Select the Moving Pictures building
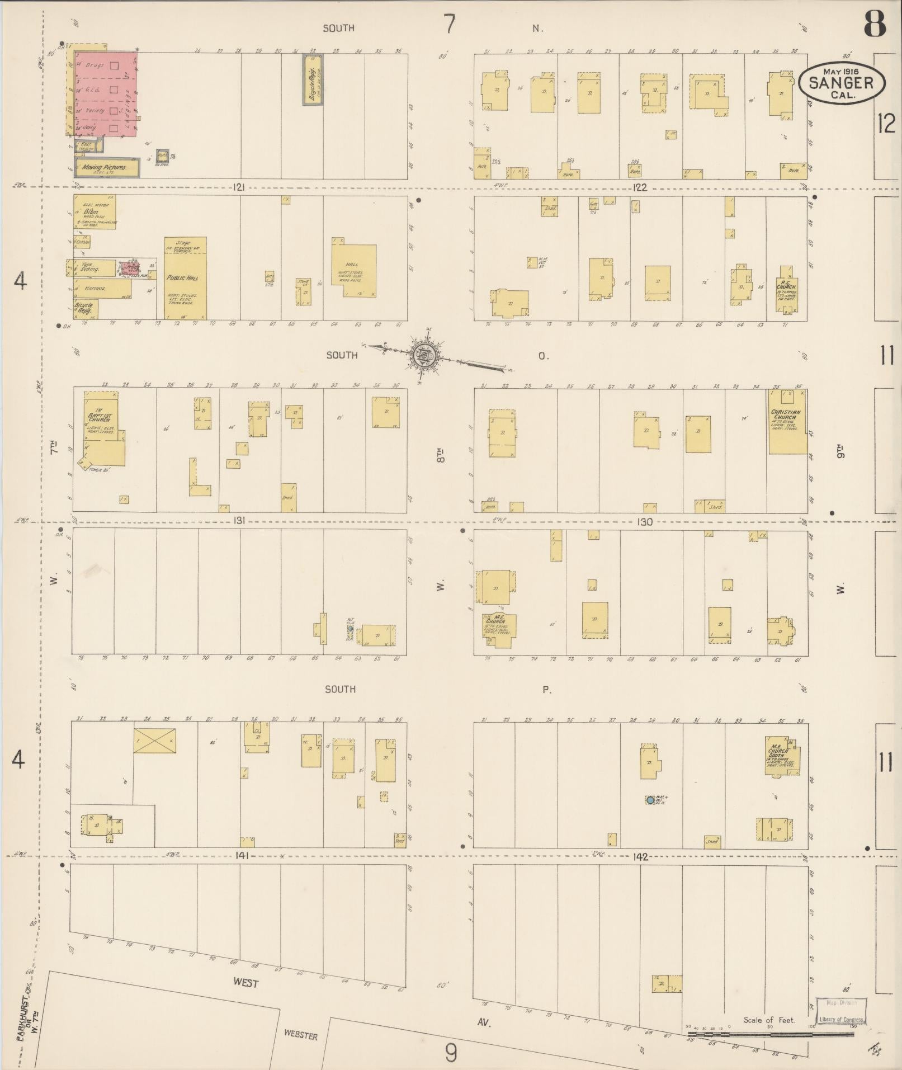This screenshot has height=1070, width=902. pyautogui.click(x=103, y=167)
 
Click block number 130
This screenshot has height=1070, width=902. pyautogui.click(x=644, y=522)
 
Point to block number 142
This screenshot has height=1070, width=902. pyautogui.click(x=640, y=856)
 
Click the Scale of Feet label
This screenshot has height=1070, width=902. pyautogui.click(x=769, y=1020)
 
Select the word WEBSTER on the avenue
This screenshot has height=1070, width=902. pyautogui.click(x=300, y=1035)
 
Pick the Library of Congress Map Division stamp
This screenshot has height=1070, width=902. pyautogui.click(x=841, y=1011)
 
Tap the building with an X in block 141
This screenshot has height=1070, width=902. pyautogui.click(x=154, y=740)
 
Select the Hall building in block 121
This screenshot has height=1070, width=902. pyautogui.click(x=353, y=270)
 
